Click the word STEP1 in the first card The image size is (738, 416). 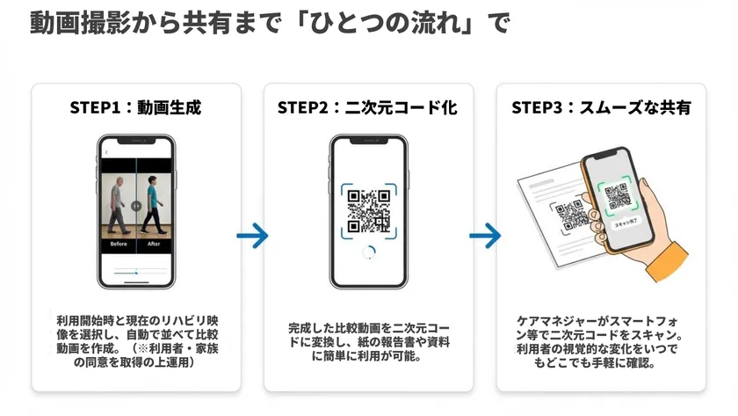(x=94, y=108)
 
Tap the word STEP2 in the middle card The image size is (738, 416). (x=302, y=108)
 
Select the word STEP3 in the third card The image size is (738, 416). (x=538, y=108)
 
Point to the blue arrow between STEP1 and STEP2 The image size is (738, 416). (x=252, y=235)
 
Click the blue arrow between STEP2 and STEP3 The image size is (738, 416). (x=484, y=235)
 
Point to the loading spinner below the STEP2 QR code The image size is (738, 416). (x=369, y=252)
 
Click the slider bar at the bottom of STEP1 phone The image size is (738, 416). (x=136, y=274)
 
